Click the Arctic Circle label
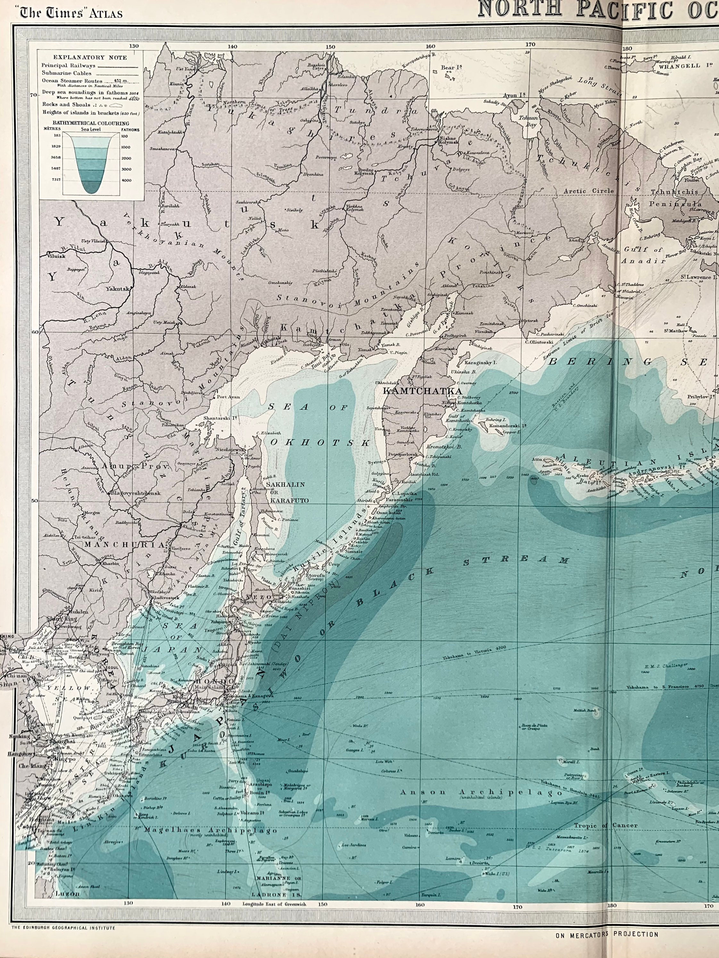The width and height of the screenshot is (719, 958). tap(589, 191)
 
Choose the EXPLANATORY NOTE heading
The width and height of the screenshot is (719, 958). tap(90, 57)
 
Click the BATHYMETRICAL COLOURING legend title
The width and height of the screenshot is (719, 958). tap(91, 123)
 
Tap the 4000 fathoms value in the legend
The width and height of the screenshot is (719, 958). tap(126, 180)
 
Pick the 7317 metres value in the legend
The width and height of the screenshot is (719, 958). tap(56, 180)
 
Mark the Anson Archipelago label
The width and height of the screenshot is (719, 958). tap(481, 792)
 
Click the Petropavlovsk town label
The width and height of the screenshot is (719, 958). tap(403, 455)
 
